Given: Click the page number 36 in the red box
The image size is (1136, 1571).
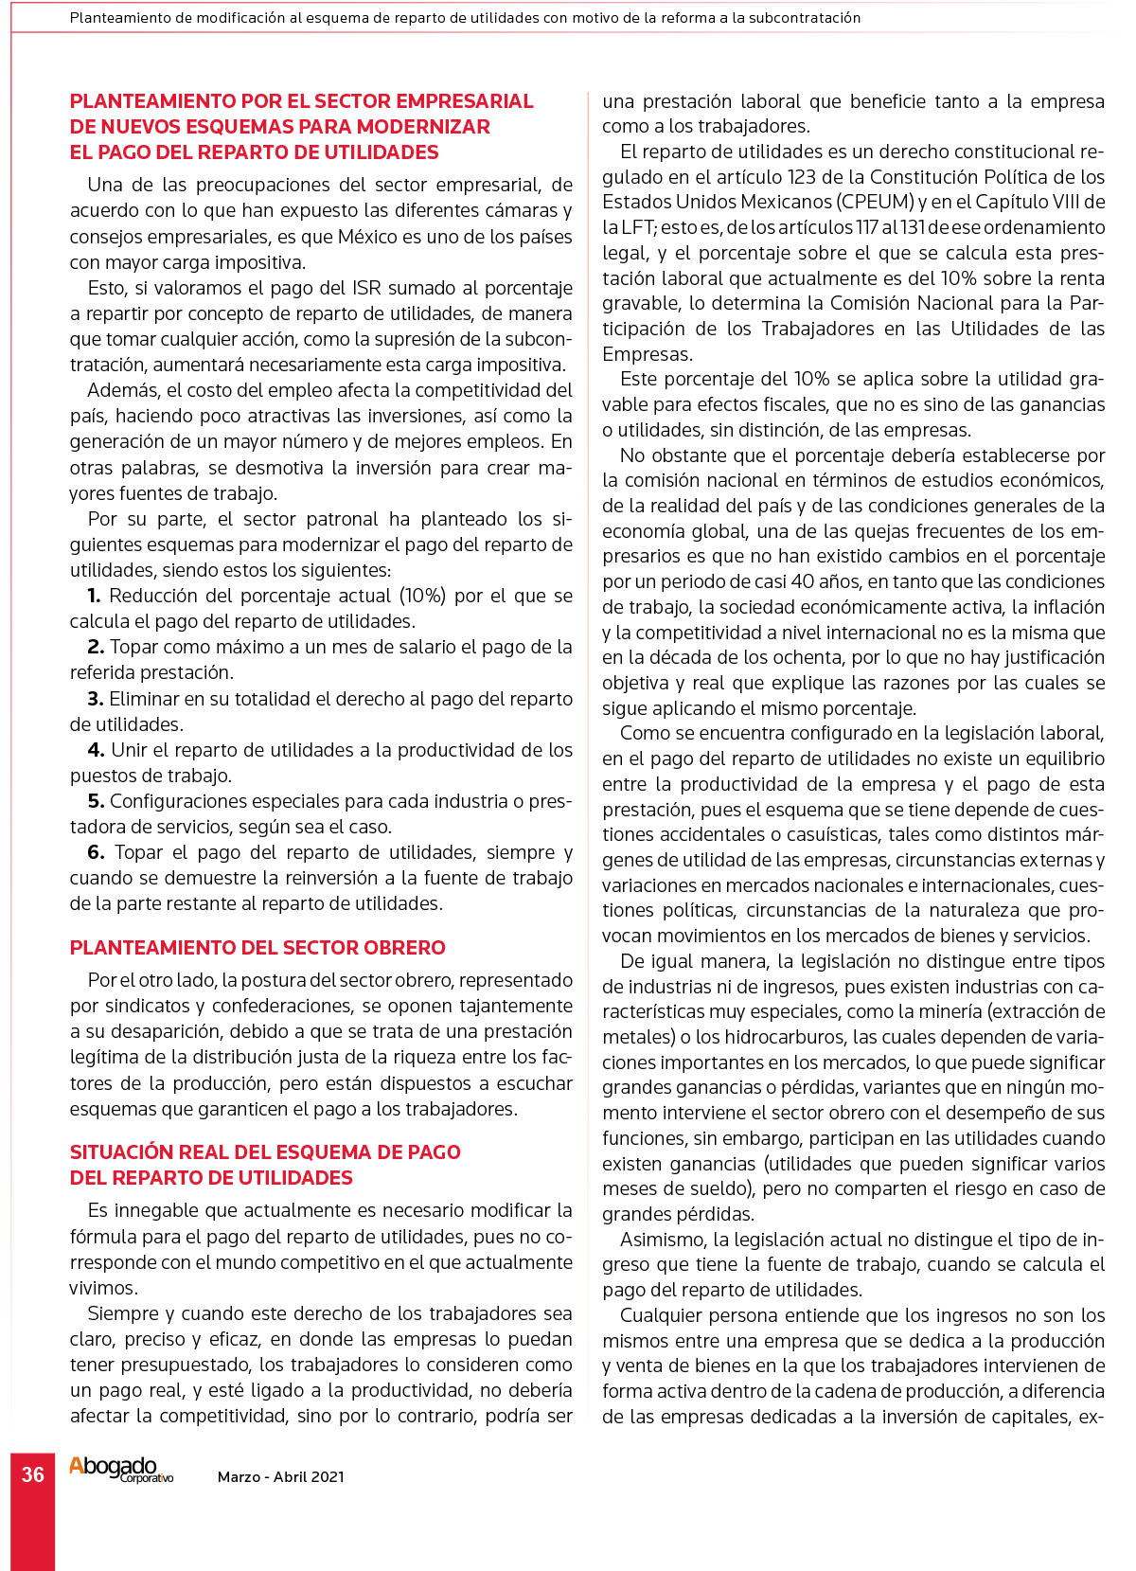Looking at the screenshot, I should point(33,1474).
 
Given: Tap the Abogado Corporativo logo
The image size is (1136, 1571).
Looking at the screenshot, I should point(120,1470).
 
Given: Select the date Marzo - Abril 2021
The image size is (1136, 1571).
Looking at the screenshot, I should point(281,1476).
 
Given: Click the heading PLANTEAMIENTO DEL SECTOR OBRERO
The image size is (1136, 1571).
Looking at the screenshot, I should point(257,948).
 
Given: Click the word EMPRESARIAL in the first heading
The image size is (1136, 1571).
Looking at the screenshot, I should point(464,101).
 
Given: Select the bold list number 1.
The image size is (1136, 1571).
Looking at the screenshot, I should point(94,596).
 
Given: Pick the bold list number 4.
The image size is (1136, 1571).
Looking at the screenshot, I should point(96,750).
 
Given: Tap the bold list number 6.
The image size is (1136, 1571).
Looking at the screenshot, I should point(96,852).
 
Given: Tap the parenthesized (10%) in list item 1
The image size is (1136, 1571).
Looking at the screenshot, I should point(422,596).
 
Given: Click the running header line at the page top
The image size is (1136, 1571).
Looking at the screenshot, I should point(465,18).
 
